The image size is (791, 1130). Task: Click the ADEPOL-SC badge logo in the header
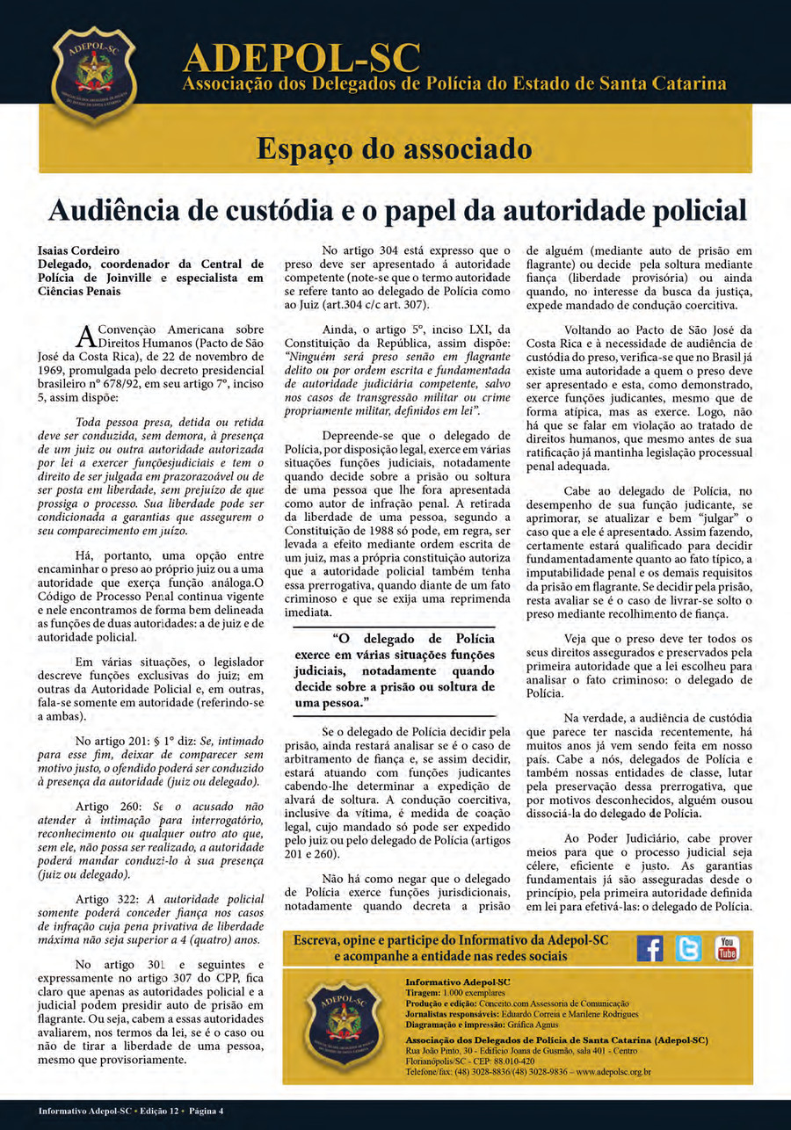click(x=94, y=73)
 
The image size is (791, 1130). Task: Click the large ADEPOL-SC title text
click(x=301, y=57)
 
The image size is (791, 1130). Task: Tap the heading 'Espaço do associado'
click(x=394, y=148)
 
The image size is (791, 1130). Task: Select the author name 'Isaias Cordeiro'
click(x=78, y=250)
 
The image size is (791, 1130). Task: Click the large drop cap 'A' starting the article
click(x=85, y=336)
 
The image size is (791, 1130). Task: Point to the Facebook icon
click(x=649, y=948)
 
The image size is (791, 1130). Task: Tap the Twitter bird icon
click(x=688, y=948)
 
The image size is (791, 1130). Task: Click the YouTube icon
click(x=727, y=948)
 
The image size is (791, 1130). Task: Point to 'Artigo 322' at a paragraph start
click(x=105, y=899)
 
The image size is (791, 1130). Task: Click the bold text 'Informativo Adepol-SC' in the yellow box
click(x=458, y=981)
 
